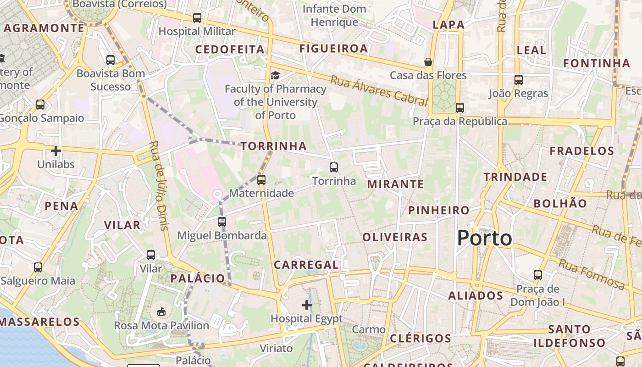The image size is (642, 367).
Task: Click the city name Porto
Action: click(x=485, y=238)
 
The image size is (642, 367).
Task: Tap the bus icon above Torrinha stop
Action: click(x=334, y=167)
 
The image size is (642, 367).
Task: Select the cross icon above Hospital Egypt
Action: click(x=307, y=305)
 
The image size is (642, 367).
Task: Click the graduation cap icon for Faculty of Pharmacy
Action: click(x=275, y=75)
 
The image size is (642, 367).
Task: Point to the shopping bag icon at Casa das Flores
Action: click(x=428, y=61)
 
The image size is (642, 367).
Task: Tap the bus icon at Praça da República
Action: click(x=460, y=108)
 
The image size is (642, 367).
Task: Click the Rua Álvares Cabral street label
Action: click(x=378, y=90)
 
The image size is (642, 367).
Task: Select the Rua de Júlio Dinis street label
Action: click(x=159, y=185)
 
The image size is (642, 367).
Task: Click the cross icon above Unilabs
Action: click(x=56, y=150)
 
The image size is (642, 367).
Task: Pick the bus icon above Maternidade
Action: click(x=261, y=179)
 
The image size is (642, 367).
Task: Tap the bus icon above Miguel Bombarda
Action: click(x=222, y=222)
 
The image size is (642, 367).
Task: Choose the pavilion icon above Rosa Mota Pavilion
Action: click(x=161, y=312)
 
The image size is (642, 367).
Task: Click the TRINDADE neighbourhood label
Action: click(x=515, y=177)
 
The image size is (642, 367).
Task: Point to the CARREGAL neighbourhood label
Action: click(x=306, y=265)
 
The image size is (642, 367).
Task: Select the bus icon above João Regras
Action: click(x=519, y=80)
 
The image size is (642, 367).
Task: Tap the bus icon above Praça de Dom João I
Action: click(x=538, y=275)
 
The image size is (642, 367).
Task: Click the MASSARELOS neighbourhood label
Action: click(x=40, y=322)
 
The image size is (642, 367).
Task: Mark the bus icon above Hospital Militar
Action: click(x=197, y=18)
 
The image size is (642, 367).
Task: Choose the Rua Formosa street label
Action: click(x=592, y=274)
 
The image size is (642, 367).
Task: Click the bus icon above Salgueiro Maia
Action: click(x=38, y=267)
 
